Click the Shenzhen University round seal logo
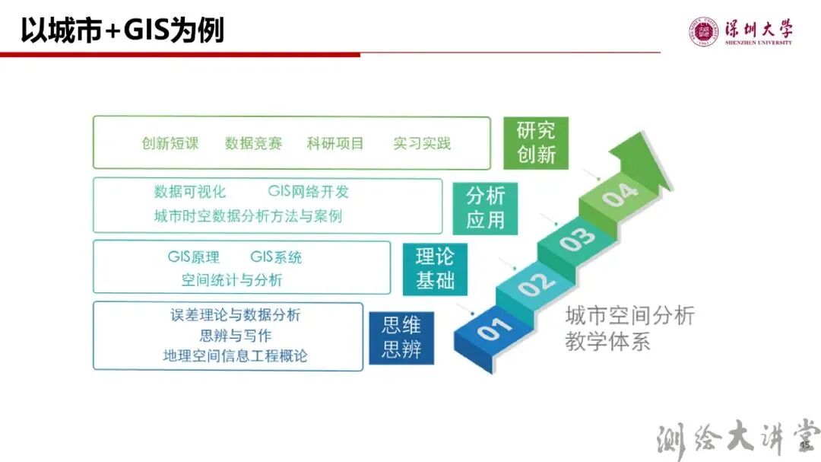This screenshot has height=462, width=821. (x=703, y=32)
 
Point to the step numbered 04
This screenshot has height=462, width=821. (x=620, y=195)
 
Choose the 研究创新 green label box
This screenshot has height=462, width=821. (x=536, y=142)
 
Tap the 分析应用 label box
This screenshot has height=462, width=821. (x=485, y=208)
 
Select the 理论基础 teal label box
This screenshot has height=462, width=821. (x=435, y=269)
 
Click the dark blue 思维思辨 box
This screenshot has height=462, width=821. (x=401, y=338)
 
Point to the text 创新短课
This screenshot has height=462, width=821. (x=170, y=143)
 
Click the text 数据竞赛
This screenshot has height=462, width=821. (x=254, y=143)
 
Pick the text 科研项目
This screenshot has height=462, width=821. (x=335, y=143)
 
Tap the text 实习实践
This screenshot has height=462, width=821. (x=422, y=143)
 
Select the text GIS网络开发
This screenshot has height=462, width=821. (x=308, y=191)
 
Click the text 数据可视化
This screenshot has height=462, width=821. (x=190, y=191)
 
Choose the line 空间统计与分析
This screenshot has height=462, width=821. (x=232, y=280)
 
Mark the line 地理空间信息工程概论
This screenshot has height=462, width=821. (x=236, y=355)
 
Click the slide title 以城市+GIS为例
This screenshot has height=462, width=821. (x=122, y=31)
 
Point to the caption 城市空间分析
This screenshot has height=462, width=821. (x=629, y=316)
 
